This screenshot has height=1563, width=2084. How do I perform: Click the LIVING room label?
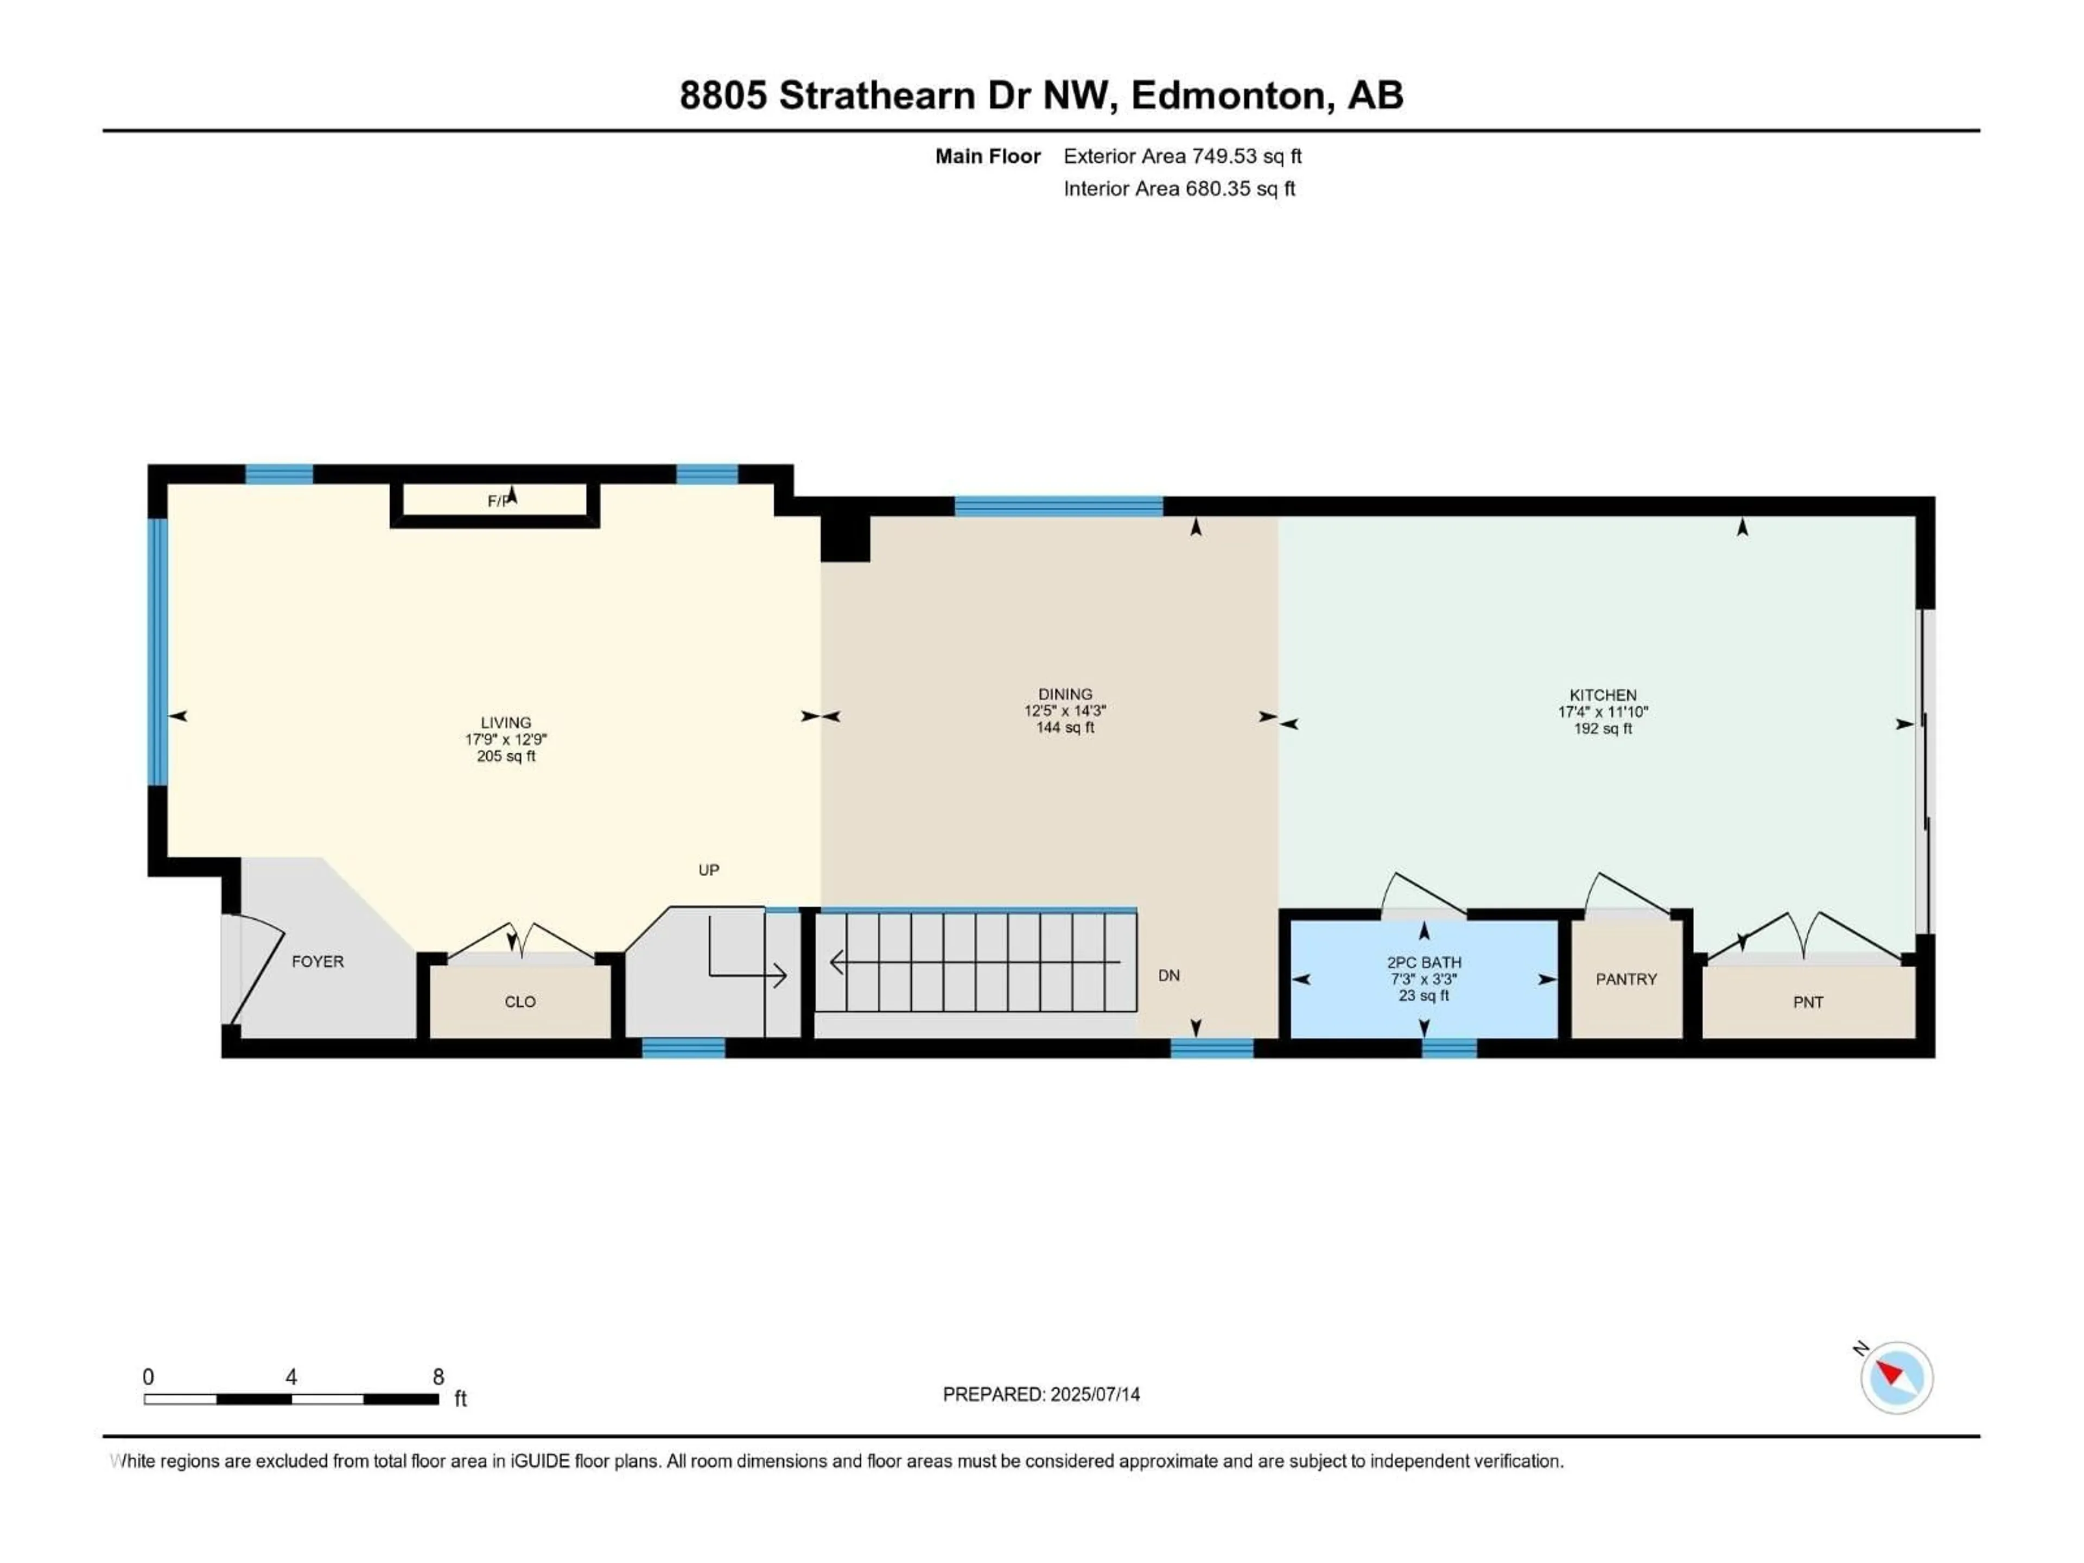506,723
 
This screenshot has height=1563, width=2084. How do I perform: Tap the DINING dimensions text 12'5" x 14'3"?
1065,711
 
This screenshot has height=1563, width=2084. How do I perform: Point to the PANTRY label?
1625,979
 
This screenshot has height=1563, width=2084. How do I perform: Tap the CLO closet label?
520,1001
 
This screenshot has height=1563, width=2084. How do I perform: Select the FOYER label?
317,961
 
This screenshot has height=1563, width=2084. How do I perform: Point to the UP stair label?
708,869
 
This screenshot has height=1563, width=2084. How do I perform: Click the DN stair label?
1168,975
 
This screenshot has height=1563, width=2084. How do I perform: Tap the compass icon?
1896,1377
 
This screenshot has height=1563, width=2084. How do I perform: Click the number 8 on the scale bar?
438,1376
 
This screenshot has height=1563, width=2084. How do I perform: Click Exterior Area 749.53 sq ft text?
1183,156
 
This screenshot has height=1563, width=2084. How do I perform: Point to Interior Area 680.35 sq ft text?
1179,188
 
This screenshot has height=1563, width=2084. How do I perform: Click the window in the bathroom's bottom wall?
1449,1047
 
